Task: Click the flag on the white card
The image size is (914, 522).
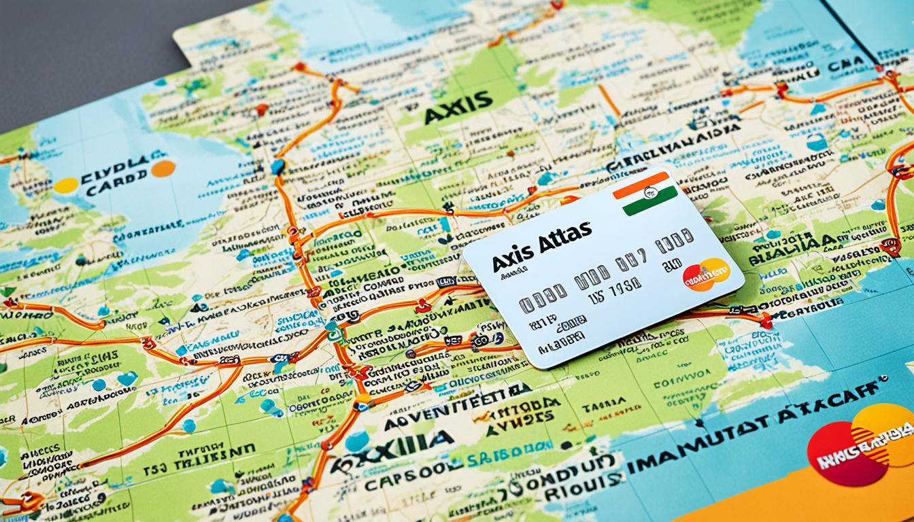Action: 645,194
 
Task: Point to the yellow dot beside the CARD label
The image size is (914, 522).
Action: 65,185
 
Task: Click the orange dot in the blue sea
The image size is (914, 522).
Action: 163,169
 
